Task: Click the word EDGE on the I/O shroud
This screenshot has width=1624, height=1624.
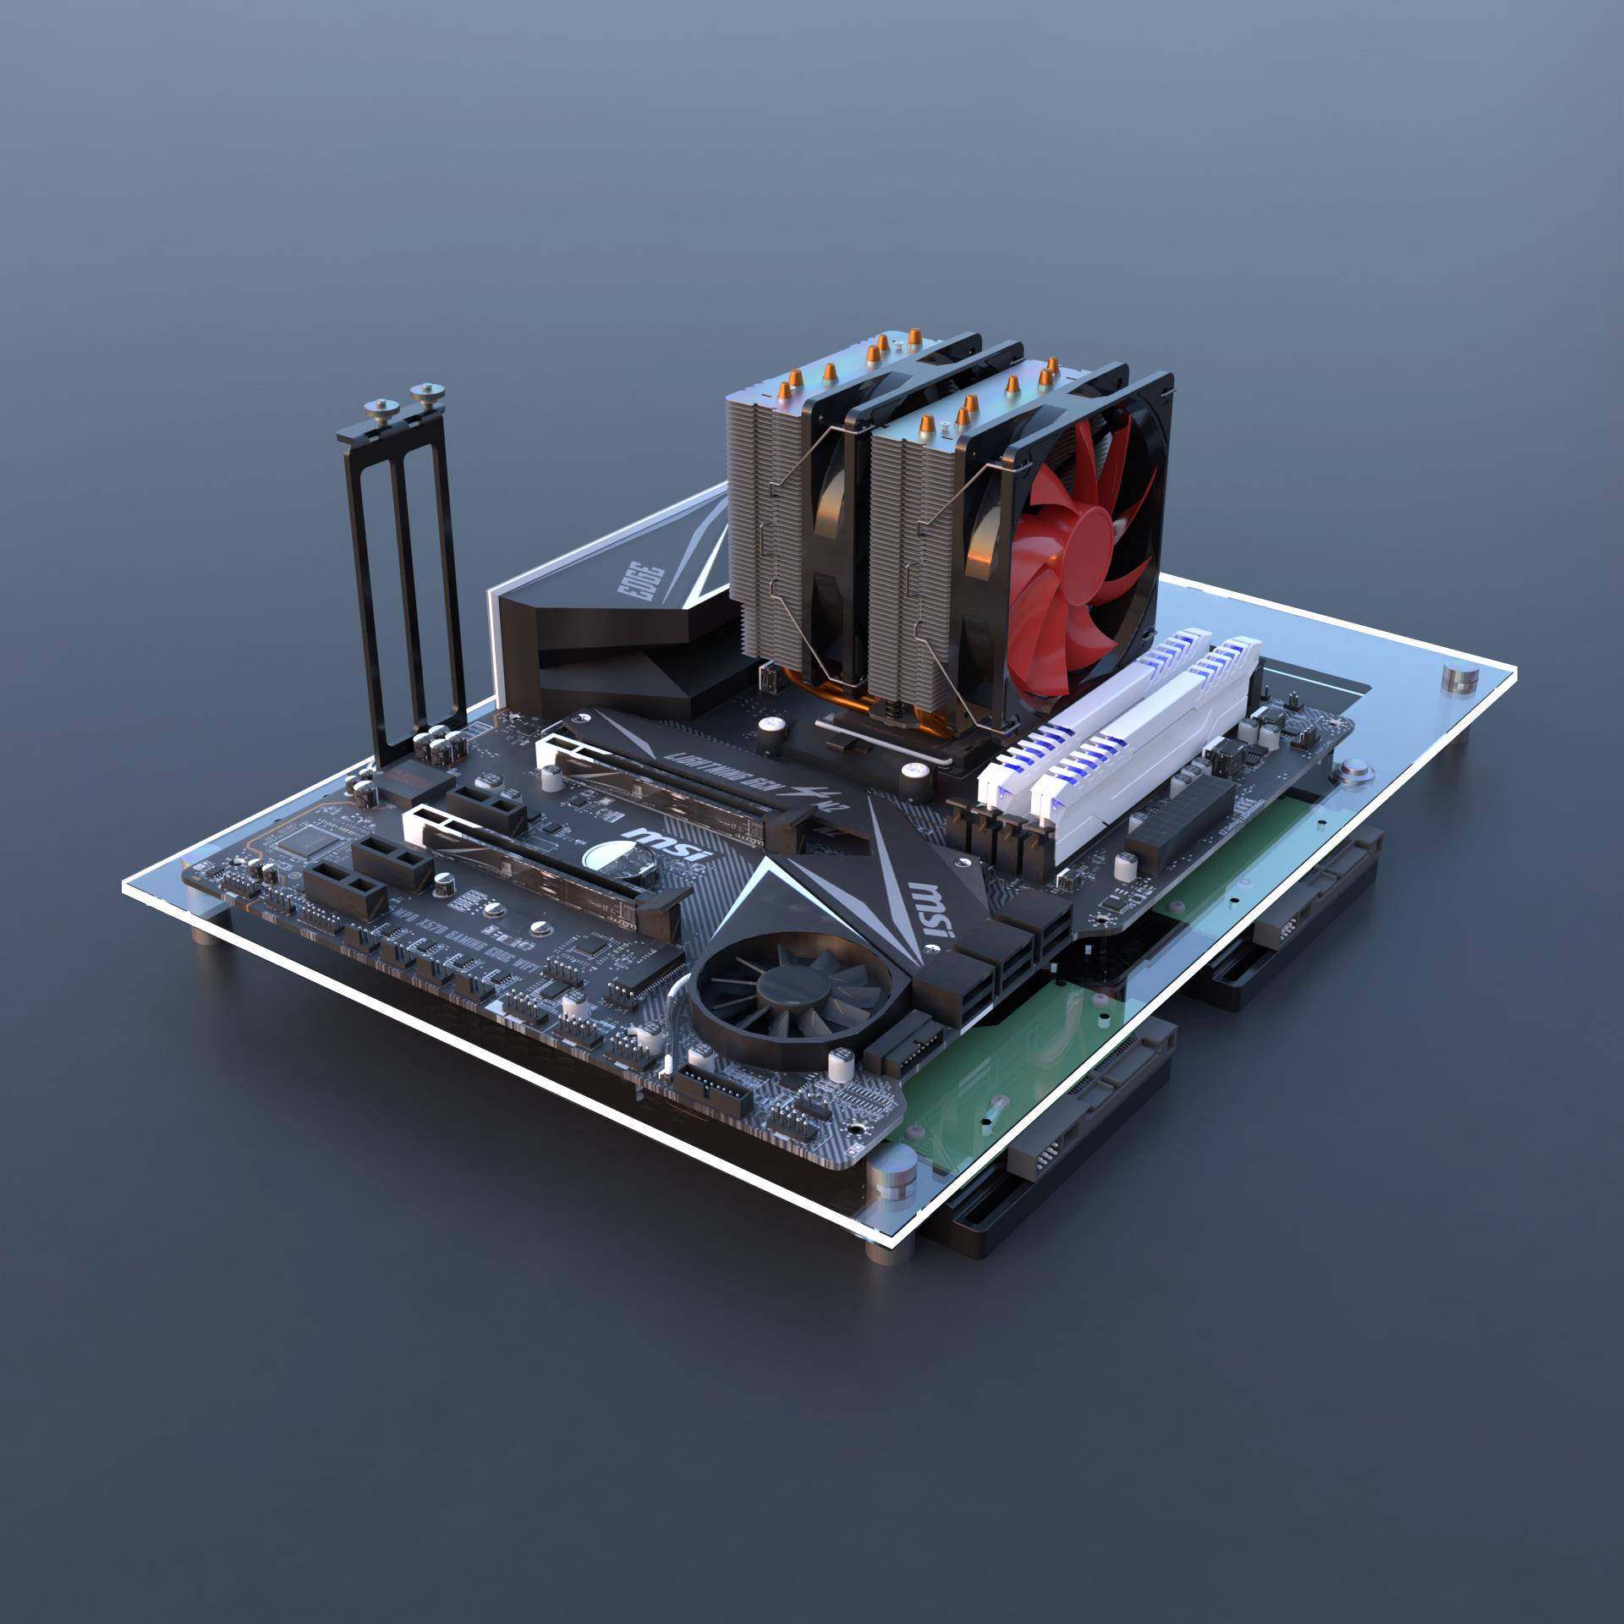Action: point(645,579)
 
